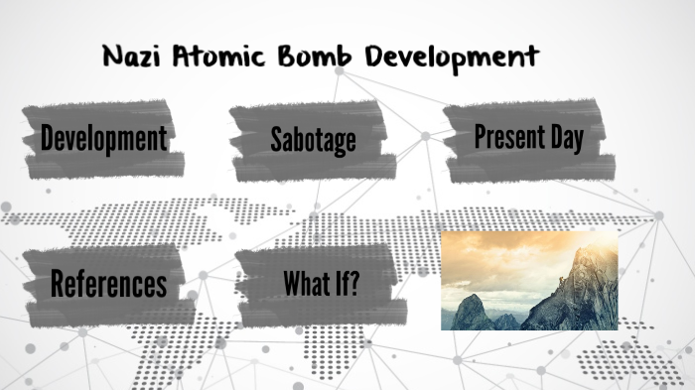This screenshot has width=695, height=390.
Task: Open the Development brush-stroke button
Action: pos(103,139)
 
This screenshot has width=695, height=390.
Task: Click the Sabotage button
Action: pos(313,140)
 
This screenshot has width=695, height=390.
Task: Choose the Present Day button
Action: pos(526,138)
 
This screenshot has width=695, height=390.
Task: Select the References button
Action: pos(108,284)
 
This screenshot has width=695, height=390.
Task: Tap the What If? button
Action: pos(320,284)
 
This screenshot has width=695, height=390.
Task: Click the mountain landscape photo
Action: pos(528,281)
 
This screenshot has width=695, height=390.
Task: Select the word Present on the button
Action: pos(507,137)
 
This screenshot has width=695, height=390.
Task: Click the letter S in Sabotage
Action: pos(276,140)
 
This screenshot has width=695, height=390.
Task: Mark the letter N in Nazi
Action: pos(112,57)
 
